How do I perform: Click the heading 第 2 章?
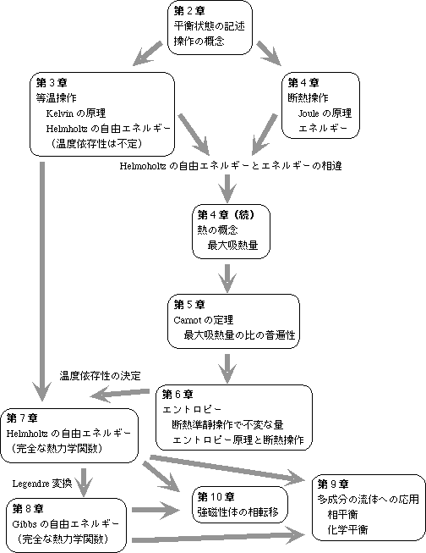(x=189, y=11)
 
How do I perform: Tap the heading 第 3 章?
(x=52, y=83)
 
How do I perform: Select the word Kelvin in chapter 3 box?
(x=59, y=113)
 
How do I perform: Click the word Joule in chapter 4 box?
(x=309, y=113)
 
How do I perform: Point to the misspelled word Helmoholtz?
(x=143, y=166)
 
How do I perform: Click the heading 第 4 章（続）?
(x=226, y=214)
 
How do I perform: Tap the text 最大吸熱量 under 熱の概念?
(x=232, y=245)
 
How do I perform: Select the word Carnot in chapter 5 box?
(x=187, y=320)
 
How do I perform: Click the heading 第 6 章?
(x=177, y=395)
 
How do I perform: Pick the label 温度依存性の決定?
(x=100, y=376)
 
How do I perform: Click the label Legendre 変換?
(x=42, y=484)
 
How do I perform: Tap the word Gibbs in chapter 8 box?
(x=25, y=524)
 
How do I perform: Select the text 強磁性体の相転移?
(x=238, y=512)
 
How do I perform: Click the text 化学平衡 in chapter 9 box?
(x=347, y=530)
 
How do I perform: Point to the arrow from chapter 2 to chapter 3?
(x=148, y=53)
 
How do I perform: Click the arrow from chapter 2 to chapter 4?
(x=269, y=53)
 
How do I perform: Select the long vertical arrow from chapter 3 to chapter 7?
(x=42, y=281)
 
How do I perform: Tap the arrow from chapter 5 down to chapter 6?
(x=227, y=368)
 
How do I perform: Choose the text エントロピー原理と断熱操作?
(x=238, y=440)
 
